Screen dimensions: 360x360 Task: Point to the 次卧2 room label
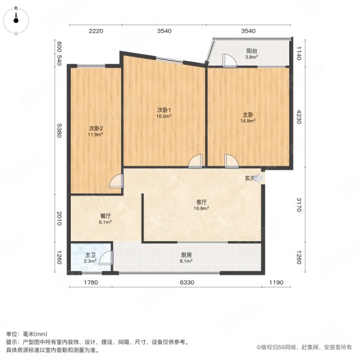(96, 128)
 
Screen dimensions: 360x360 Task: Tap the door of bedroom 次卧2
(116, 182)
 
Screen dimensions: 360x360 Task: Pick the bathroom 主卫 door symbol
(106, 258)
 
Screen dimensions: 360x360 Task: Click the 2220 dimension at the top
(97, 31)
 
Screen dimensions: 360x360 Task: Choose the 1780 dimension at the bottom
(90, 282)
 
